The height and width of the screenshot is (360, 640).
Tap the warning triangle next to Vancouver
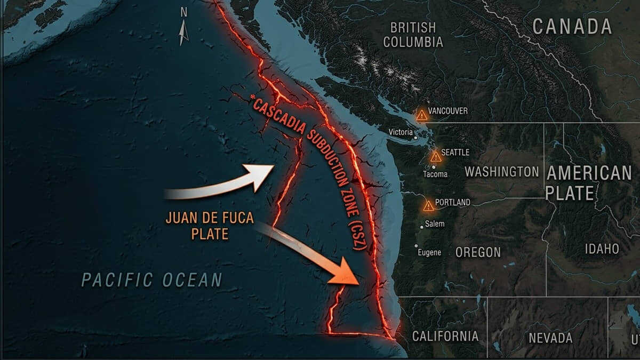click(x=422, y=115)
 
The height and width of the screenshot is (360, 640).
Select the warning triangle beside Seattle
click(x=436, y=156)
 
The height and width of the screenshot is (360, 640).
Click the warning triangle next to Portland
click(x=428, y=206)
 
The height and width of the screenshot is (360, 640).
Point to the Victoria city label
click(x=401, y=132)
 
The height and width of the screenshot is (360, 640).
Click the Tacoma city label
click(x=435, y=174)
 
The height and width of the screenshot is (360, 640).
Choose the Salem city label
click(x=435, y=224)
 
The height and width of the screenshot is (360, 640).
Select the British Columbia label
click(x=413, y=35)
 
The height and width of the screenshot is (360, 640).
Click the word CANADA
click(x=572, y=26)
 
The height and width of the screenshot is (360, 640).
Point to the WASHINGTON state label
click(x=501, y=172)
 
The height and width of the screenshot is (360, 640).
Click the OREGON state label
click(x=478, y=252)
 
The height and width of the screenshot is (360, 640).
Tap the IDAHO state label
click(x=602, y=249)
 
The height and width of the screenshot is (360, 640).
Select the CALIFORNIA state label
click(x=445, y=336)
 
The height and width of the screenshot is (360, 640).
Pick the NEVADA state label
click(x=550, y=338)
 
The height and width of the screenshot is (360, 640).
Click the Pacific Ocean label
click(x=151, y=279)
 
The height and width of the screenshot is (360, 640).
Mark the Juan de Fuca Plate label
click(x=202, y=226)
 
